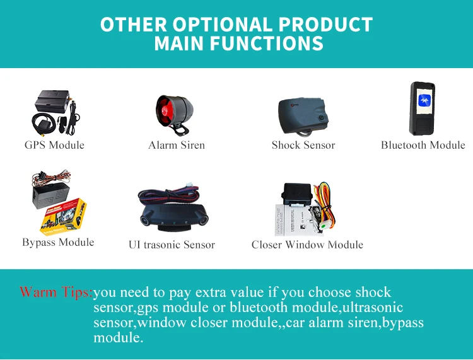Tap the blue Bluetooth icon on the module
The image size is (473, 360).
[424, 100]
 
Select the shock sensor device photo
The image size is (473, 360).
[303, 116]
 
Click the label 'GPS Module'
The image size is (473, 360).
[54, 145]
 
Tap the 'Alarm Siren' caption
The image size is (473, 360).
[177, 145]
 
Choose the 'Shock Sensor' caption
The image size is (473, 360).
[303, 145]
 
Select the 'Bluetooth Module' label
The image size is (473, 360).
[423, 145]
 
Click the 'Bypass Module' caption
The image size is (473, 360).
[58, 242]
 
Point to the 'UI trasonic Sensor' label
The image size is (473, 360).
[172, 245]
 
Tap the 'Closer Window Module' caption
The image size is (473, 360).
[307, 245]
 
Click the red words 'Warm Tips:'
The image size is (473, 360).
[55, 292]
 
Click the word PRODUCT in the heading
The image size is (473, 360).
[325, 25]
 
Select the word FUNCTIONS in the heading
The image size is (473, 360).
[267, 43]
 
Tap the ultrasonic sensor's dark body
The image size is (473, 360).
[174, 214]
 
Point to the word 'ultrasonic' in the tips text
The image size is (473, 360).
[373, 308]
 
